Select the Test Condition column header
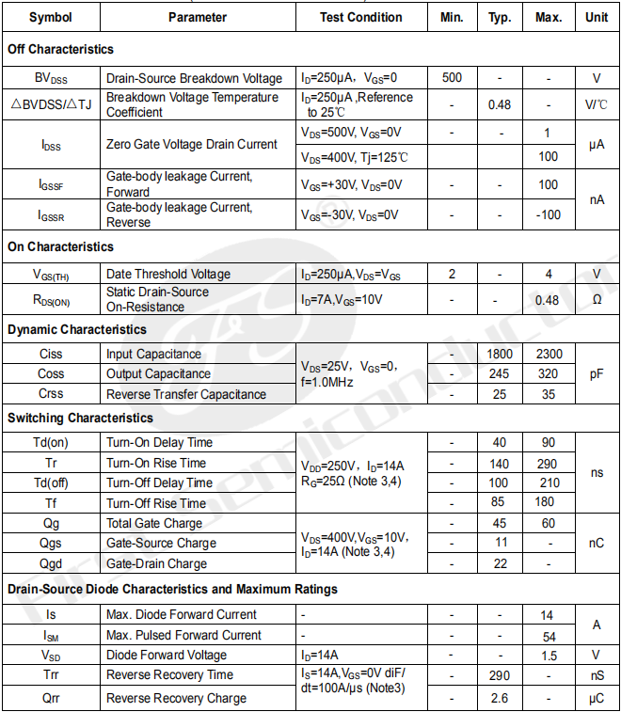[360, 17]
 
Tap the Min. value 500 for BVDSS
[452, 78]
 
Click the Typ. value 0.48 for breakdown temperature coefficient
[500, 104]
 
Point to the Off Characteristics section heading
[60, 49]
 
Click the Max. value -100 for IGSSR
[549, 214]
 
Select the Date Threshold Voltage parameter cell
[168, 274]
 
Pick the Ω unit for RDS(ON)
[596, 300]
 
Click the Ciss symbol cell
[52, 354]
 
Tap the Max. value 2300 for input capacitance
[549, 354]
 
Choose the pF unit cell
[596, 373]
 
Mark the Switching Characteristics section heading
[80, 418]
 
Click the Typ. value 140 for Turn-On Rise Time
[500, 463]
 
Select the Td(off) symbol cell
[52, 483]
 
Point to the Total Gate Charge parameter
[154, 523]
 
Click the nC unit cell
[596, 543]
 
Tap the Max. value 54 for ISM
[549, 635]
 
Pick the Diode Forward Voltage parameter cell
[167, 655]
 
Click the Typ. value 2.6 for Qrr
[500, 698]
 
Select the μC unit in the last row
[596, 698]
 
